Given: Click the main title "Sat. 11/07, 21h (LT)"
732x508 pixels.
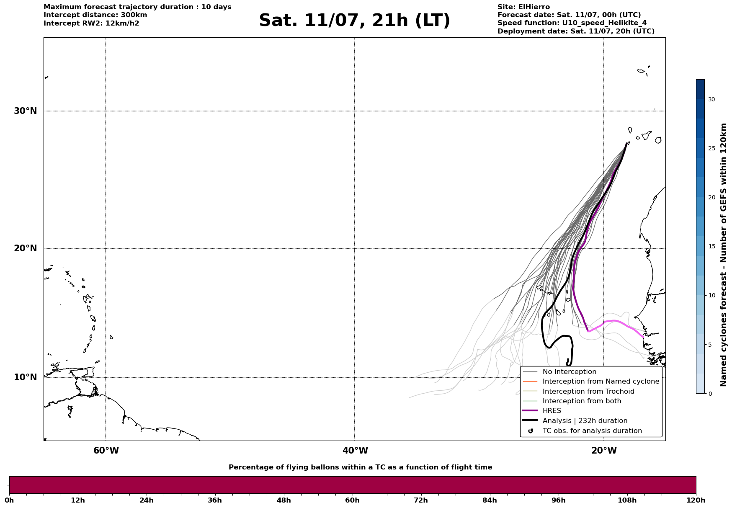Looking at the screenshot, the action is coord(354,21).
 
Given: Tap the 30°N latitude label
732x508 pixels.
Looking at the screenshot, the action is coord(25,111).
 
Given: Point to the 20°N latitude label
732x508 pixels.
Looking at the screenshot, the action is coord(25,248).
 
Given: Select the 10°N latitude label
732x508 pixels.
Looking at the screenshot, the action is coord(25,377).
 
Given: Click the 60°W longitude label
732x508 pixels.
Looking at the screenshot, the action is coord(106,451).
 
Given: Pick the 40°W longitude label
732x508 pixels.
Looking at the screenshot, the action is coord(355,451).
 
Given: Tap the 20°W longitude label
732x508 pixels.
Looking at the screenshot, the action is coord(604,451).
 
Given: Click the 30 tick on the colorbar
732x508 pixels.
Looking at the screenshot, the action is coord(711,99).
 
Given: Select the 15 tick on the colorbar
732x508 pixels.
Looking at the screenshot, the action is coord(711,246).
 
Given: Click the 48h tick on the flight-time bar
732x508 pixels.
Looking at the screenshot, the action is coord(284,500).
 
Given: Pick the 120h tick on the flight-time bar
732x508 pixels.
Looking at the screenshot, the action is coord(696,500).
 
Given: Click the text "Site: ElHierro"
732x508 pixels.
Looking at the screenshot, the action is coord(523,7).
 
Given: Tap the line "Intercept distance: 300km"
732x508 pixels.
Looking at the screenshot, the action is coord(95,15).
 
